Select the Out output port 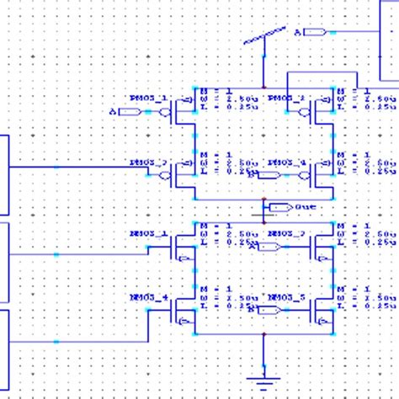click(280, 207)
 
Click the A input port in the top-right click(313, 32)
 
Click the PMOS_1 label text click(148, 98)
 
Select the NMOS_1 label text click(148, 232)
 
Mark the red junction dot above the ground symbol click(264, 334)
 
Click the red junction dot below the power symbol click(264, 86)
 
